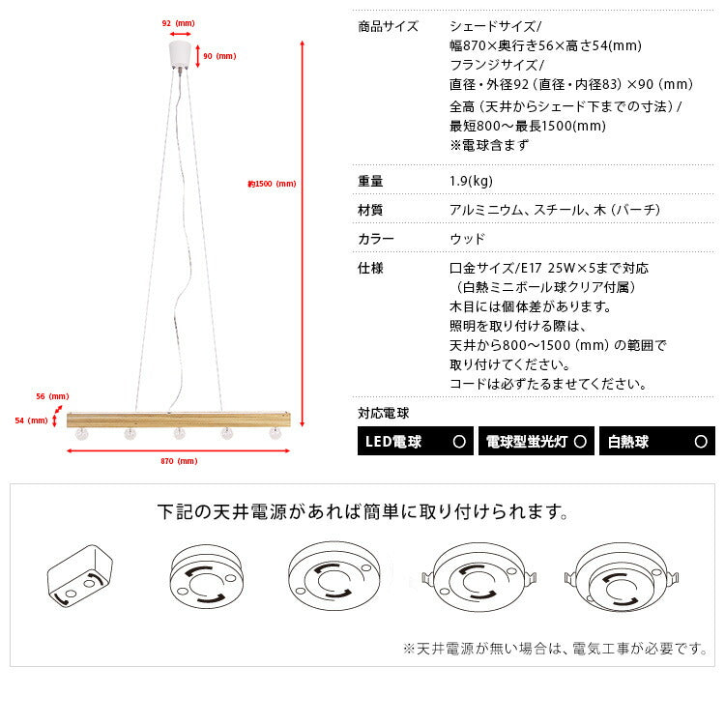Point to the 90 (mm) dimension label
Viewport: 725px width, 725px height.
click(x=220, y=56)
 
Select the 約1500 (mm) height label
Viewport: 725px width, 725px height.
click(x=272, y=184)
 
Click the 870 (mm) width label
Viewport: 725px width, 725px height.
click(x=180, y=461)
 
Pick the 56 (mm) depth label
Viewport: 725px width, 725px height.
click(x=53, y=397)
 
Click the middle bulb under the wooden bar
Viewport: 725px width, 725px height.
click(x=179, y=434)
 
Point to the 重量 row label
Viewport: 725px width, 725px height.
click(x=370, y=180)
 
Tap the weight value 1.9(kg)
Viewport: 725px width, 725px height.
click(x=472, y=180)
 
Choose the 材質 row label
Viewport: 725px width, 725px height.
click(x=370, y=209)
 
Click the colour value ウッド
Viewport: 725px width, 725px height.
click(x=467, y=238)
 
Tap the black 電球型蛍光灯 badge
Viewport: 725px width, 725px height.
click(x=536, y=442)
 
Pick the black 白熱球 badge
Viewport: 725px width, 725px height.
click(x=657, y=442)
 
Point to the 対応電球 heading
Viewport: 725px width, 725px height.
click(x=384, y=413)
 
